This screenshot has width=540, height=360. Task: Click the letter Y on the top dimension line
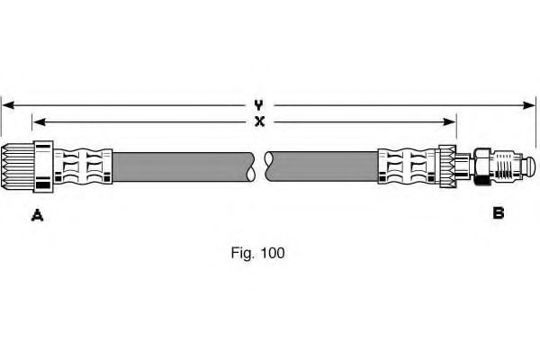[259, 105]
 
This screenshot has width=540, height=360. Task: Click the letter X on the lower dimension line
[259, 121]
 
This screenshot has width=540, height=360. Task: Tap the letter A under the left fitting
[38, 214]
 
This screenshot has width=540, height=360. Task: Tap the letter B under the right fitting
[498, 213]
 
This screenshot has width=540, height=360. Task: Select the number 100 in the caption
[272, 254]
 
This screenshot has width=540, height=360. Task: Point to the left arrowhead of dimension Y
[5, 105]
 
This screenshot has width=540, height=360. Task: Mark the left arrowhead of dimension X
[37, 121]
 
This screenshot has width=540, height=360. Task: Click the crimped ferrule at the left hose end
[83, 167]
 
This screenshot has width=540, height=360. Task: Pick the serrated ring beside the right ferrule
[446, 167]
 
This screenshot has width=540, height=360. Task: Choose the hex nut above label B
[481, 167]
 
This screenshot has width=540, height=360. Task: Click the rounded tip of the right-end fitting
[529, 167]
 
